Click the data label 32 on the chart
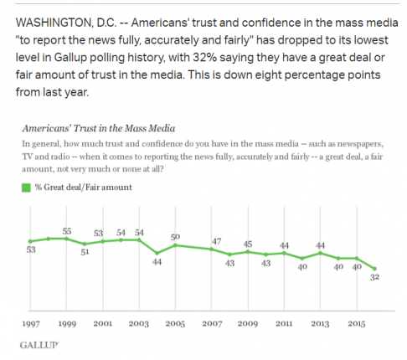tap(374, 277)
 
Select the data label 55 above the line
tap(67, 231)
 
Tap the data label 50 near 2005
tap(175, 237)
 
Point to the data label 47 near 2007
tap(217, 241)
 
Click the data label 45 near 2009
tap(248, 244)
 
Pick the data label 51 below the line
tap(85, 252)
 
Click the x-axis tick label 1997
tap(31, 324)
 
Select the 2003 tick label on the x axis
tap(139, 324)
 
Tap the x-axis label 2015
tap(357, 324)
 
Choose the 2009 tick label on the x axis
tap(248, 324)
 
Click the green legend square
tap(26, 188)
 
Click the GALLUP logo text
tap(39, 345)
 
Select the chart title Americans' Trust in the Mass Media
tap(99, 128)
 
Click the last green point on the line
tap(375, 269)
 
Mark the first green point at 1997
tap(30, 241)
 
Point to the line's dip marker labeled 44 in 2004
tap(157, 253)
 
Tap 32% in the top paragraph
tap(204, 58)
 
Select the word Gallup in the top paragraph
tap(70, 58)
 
